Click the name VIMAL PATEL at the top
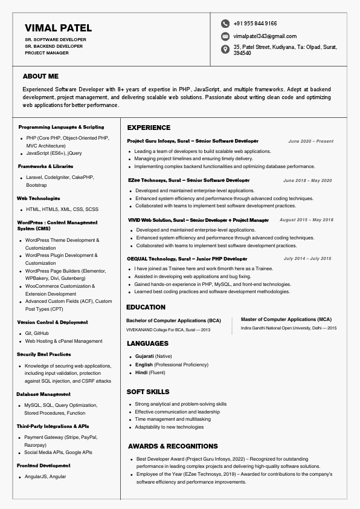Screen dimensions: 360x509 point(59,28)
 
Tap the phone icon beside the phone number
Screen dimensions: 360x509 point(225,24)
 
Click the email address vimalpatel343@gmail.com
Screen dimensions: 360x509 point(265,36)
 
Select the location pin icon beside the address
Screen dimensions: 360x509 point(225,49)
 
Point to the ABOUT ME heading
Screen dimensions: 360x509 point(40,77)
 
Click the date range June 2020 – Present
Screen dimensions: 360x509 point(310,141)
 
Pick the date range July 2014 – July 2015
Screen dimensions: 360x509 point(307,259)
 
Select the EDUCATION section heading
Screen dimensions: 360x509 point(146,307)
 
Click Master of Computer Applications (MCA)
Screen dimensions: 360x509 point(286,319)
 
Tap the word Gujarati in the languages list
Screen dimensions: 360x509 point(144,356)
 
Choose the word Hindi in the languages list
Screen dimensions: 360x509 point(141,373)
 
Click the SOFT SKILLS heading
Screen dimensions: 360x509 point(148,392)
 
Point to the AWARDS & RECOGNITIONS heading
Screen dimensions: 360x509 point(173,446)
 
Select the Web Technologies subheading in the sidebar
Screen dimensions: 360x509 point(39,198)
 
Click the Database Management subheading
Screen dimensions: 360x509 point(43,394)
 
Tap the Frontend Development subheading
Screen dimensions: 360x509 point(43,465)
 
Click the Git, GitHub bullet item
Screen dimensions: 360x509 point(37,333)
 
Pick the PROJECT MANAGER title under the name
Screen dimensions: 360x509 point(47,53)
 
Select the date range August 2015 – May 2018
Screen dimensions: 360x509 point(306,220)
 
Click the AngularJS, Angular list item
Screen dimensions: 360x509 point(46,476)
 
